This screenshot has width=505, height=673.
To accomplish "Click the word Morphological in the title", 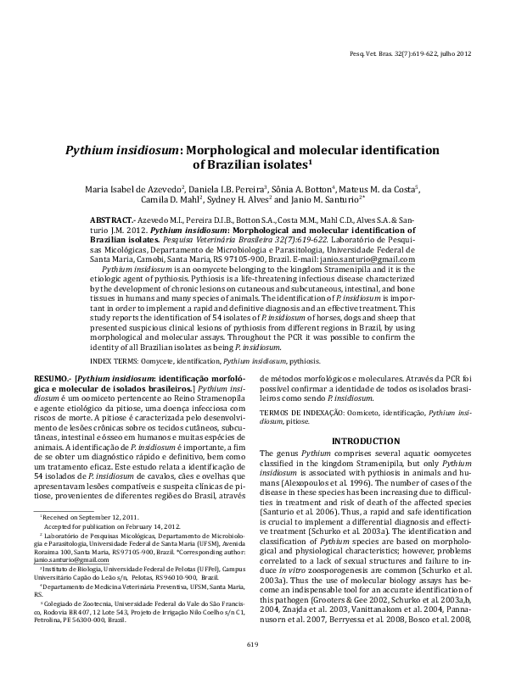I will tap(239, 149).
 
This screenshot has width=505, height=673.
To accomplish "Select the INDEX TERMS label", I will tap(117, 360).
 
